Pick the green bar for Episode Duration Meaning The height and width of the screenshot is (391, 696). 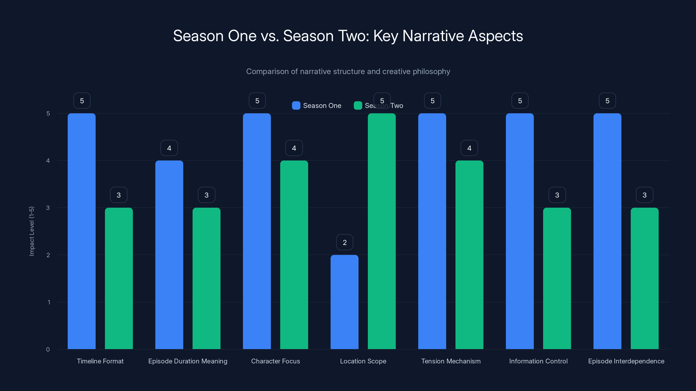[206, 278]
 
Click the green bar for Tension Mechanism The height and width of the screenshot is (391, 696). [469, 255]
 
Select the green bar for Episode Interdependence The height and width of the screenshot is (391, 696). [644, 278]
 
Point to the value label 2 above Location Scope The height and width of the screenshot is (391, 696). [345, 242]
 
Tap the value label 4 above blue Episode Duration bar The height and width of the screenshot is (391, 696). [169, 148]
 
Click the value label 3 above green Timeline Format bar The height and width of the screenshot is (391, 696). [119, 195]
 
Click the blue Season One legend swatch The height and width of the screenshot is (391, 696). [296, 106]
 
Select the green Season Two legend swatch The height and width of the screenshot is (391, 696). [358, 106]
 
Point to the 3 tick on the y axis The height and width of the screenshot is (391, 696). [48, 208]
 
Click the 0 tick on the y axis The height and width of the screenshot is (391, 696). [48, 350]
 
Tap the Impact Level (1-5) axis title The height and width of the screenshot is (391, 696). [32, 231]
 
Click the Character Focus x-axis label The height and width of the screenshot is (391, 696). [275, 361]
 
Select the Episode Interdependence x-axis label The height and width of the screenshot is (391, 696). [626, 361]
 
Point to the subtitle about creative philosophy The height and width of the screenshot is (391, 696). [348, 71]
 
